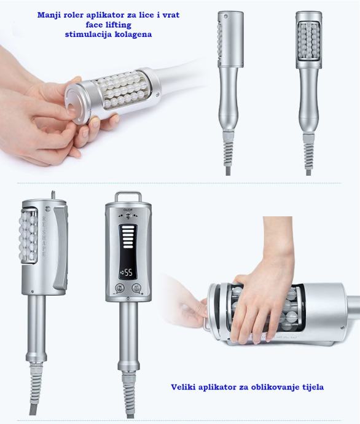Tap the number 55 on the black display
tap(128, 273)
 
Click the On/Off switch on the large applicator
tap(128, 216)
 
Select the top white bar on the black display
tap(128, 228)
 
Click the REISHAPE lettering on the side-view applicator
tap(44, 237)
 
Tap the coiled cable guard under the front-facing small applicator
tap(308, 154)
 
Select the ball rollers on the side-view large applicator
tap(28, 236)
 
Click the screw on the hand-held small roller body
tap(157, 95)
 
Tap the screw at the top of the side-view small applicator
tap(225, 17)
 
